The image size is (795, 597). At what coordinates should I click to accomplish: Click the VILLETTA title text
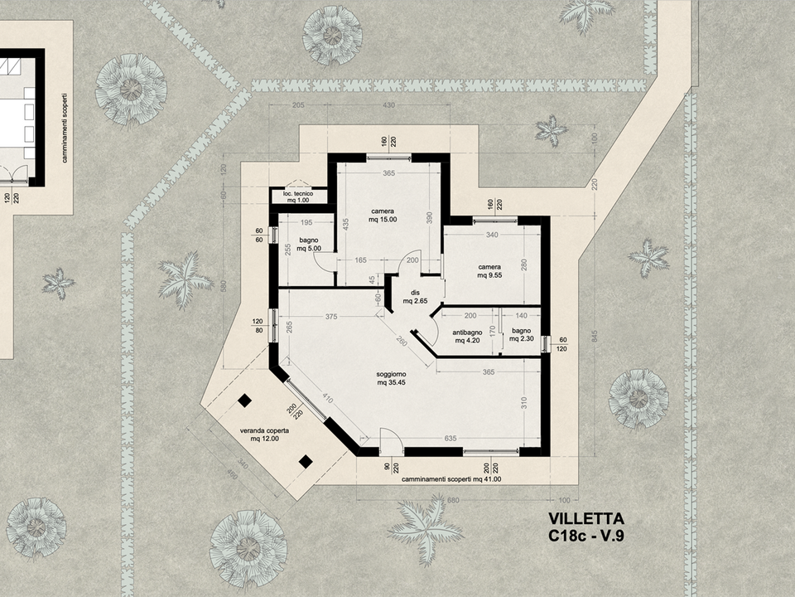(x=586, y=518)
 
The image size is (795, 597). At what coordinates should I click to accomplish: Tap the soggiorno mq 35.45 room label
(x=391, y=379)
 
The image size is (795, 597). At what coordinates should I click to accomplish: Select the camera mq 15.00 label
(x=383, y=216)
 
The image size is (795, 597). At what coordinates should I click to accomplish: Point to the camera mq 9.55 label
(x=489, y=271)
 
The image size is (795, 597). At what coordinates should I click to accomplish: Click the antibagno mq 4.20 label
(x=467, y=337)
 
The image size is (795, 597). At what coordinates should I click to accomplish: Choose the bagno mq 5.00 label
(x=309, y=244)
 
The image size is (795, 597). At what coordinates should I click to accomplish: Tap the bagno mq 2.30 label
(x=521, y=334)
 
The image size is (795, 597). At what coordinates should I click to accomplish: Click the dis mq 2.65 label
(x=415, y=297)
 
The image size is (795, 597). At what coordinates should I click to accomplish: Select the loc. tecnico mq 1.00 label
(x=298, y=197)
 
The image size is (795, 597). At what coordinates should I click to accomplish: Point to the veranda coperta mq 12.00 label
(x=264, y=435)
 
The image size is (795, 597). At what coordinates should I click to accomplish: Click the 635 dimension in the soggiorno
(x=450, y=438)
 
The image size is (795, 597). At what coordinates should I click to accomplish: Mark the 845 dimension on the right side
(x=595, y=336)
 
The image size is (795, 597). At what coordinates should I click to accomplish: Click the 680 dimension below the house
(x=453, y=500)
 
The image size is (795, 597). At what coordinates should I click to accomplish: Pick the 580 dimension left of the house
(x=224, y=287)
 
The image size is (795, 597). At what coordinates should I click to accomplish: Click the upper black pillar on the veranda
(x=245, y=400)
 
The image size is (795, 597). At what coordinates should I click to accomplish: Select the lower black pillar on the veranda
(x=306, y=462)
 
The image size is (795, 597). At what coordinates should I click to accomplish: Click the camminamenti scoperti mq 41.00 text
(x=451, y=478)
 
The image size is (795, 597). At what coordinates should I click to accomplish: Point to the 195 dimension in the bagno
(x=306, y=222)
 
